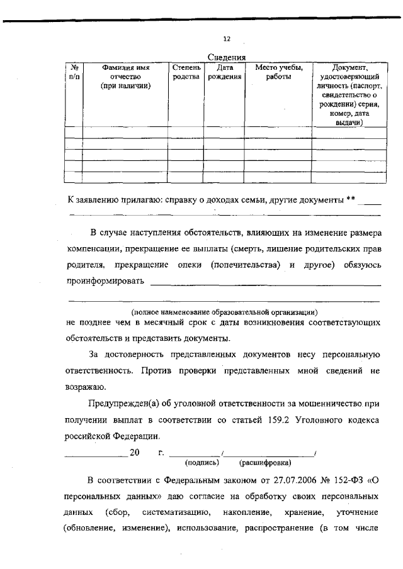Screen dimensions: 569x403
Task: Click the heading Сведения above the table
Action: [227, 57]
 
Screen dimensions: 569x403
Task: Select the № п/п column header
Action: [74, 72]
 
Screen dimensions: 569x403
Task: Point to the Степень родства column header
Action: [186, 72]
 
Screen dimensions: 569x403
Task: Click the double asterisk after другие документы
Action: [351, 200]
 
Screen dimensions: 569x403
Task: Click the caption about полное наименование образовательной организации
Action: [224, 312]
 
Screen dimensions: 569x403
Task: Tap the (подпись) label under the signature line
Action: [202, 462]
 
